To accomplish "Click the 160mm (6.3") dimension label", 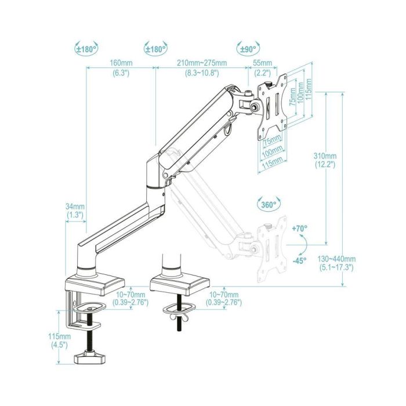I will [121, 68].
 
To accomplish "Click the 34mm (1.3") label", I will [75, 211].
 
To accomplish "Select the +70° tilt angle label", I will [300, 229].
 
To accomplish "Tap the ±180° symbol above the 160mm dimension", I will [86, 48].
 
